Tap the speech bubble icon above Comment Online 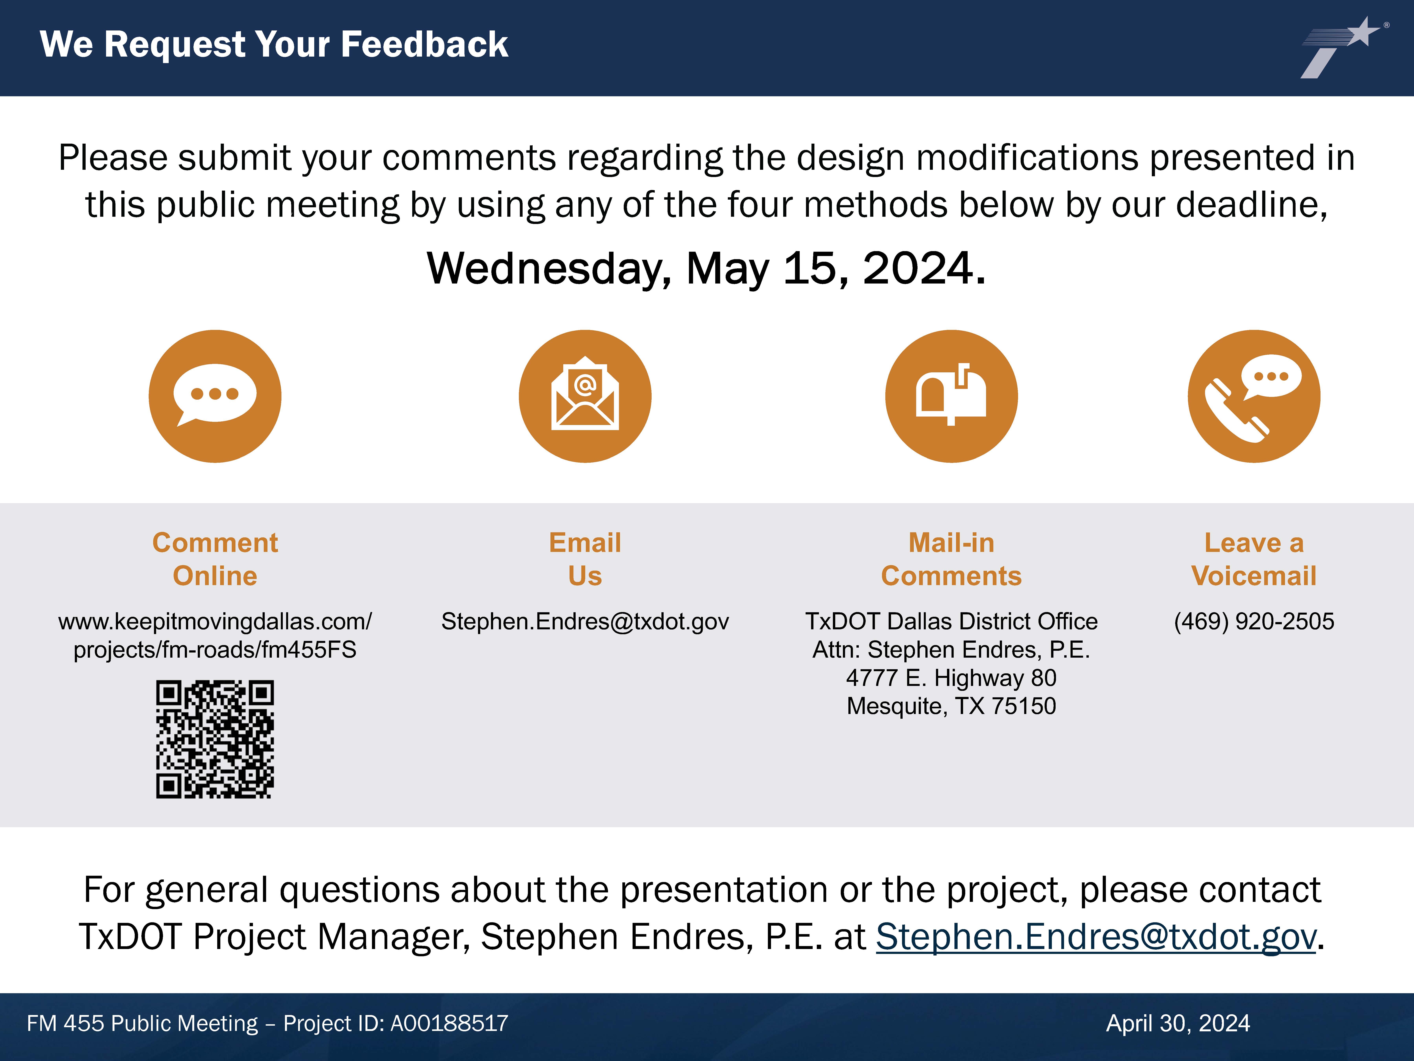tap(215, 396)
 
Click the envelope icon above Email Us tap(585, 396)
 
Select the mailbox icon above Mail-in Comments tap(951, 396)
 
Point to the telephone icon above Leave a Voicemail tap(1254, 396)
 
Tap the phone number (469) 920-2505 tap(1254, 622)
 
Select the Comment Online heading tap(215, 559)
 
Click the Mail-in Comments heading tap(951, 559)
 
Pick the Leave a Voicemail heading tap(1254, 559)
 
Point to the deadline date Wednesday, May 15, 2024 tap(706, 269)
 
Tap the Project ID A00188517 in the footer tap(449, 1023)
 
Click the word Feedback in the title tap(424, 45)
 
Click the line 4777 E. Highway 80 tap(951, 678)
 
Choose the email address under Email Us tap(585, 622)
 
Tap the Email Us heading tap(585, 559)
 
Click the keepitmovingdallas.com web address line tap(215, 622)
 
